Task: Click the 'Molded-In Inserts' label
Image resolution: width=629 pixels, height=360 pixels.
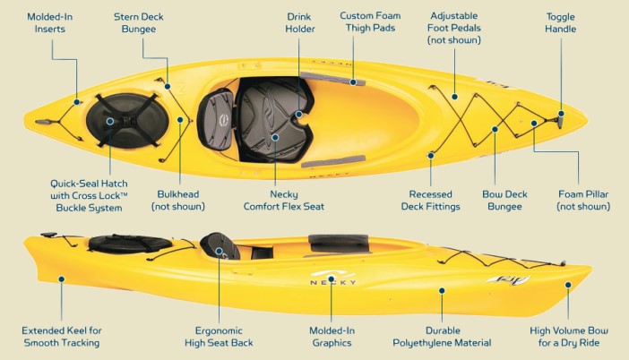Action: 50,23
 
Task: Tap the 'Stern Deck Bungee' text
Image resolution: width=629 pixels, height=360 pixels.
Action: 138,23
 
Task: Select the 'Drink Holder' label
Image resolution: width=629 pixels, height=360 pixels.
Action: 299,23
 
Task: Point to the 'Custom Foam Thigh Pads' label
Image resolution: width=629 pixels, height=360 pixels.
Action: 370,21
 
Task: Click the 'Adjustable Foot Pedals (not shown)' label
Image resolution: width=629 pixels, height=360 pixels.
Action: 453,28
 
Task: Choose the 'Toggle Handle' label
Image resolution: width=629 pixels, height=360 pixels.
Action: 560,23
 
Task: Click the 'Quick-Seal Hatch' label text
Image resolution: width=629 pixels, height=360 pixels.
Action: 89,184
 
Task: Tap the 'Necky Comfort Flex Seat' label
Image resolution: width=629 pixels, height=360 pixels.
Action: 284,201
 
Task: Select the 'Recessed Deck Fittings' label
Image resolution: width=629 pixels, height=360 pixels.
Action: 430,201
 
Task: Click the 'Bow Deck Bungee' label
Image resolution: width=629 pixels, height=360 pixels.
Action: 504,201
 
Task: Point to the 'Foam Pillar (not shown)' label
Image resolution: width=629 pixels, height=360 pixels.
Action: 583,201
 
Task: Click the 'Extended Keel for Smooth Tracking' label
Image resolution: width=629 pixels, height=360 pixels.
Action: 61,337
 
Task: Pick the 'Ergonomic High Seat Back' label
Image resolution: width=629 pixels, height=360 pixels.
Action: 219,337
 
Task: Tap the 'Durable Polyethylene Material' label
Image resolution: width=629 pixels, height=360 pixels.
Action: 442,337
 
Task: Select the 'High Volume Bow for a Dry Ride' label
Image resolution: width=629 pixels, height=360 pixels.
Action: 569,337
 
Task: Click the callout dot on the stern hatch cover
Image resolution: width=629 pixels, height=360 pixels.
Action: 110,121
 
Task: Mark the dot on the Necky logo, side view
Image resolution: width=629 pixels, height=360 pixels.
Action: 332,279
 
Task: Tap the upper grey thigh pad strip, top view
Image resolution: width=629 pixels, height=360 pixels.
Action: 332,79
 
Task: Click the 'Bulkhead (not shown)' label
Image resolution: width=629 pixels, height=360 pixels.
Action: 178,201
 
